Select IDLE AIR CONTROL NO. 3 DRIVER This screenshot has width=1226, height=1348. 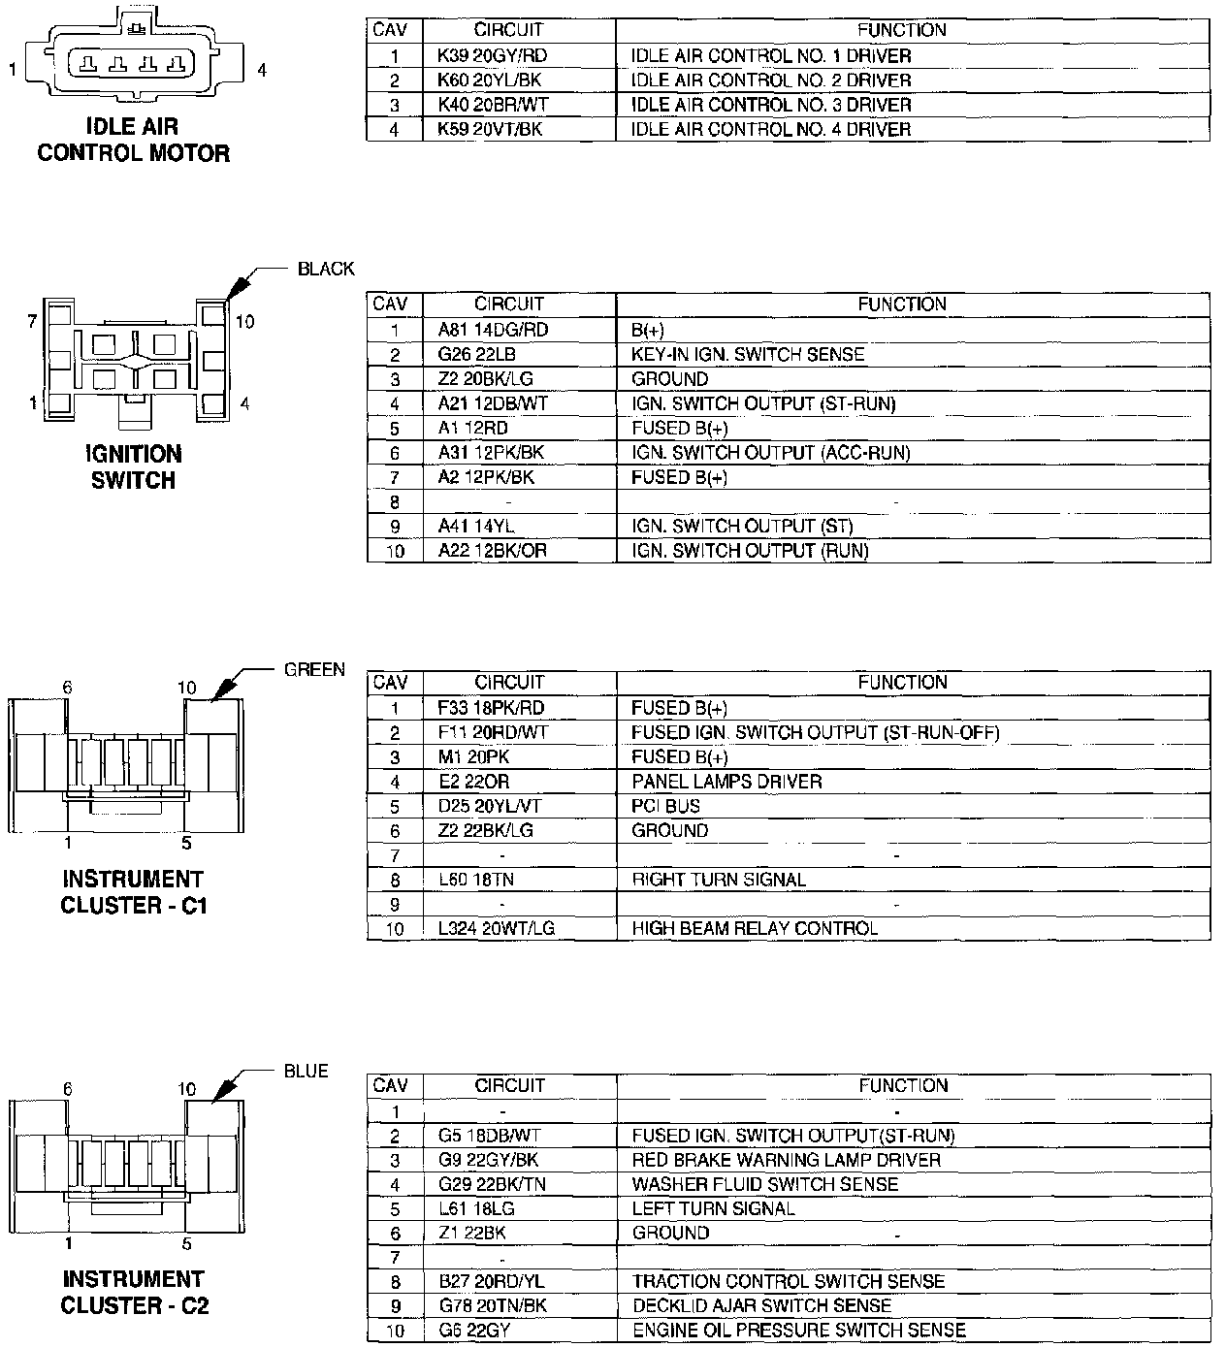click(x=770, y=105)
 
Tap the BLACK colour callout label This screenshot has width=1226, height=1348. click(x=326, y=270)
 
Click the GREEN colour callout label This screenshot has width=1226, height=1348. click(x=314, y=669)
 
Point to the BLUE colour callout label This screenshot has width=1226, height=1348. click(x=306, y=1072)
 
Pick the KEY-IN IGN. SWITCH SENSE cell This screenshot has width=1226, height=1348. click(x=747, y=355)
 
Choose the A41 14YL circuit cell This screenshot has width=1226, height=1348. click(x=475, y=527)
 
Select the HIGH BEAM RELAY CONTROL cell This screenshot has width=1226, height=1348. click(x=755, y=928)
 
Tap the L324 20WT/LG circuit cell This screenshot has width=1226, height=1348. click(x=496, y=928)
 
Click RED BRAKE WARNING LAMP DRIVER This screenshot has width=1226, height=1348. click(x=786, y=1160)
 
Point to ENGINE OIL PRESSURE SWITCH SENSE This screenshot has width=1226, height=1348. click(x=798, y=1331)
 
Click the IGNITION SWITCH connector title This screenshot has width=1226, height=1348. click(x=133, y=466)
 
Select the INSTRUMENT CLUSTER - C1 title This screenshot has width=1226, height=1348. click(x=133, y=892)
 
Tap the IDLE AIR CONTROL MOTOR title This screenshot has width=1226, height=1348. click(x=133, y=140)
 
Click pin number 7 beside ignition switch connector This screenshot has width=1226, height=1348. click(x=32, y=320)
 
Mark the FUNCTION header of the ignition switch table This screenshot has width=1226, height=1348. click(x=901, y=305)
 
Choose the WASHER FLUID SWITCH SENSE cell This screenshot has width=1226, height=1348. click(x=764, y=1184)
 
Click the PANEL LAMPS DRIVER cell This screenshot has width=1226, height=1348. click(x=726, y=782)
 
